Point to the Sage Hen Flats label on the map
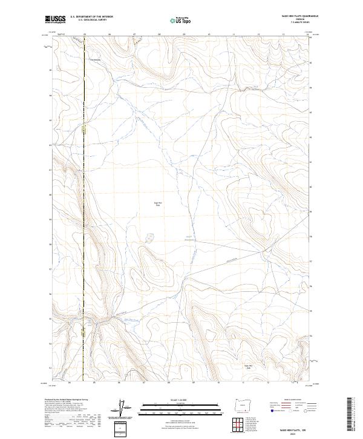tap(159, 204)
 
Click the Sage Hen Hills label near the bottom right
tap(247, 367)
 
